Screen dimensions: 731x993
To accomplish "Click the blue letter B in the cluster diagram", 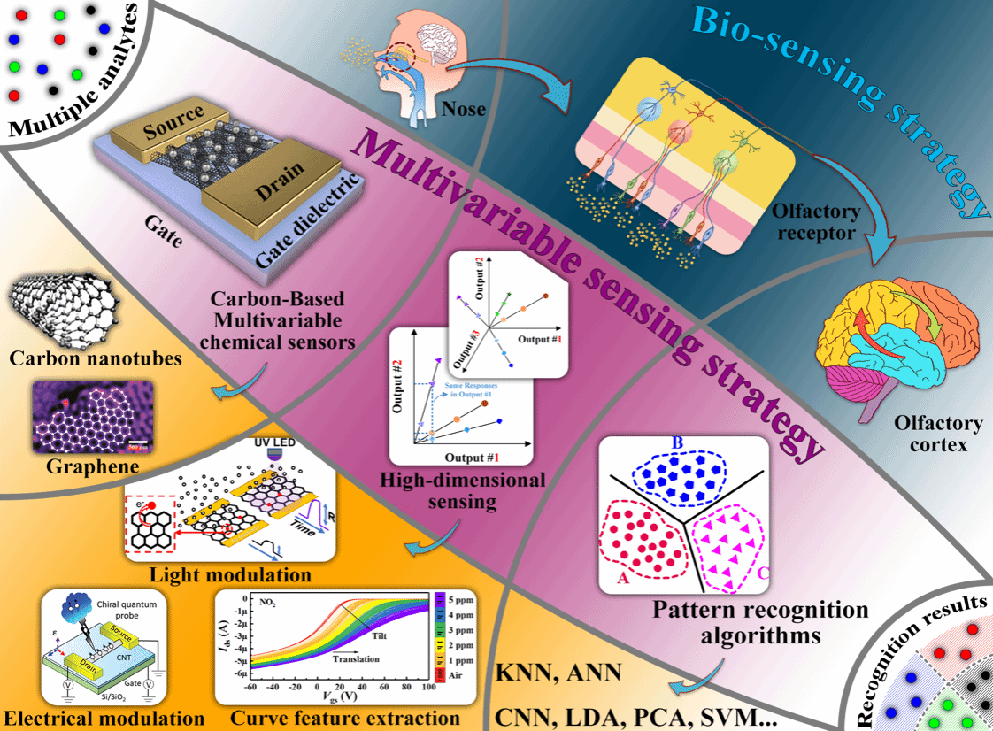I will click(x=679, y=442).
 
